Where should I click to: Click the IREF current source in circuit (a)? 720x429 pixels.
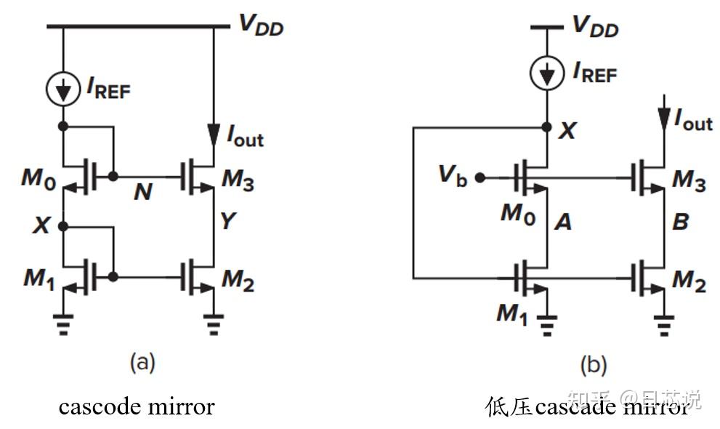pyautogui.click(x=64, y=89)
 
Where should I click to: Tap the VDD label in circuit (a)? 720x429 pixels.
pyautogui.click(x=261, y=26)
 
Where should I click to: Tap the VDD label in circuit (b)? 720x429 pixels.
pyautogui.click(x=595, y=26)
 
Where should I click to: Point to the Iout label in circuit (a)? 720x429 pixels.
pyautogui.click(x=246, y=135)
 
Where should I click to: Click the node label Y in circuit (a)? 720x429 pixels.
pyautogui.click(x=228, y=220)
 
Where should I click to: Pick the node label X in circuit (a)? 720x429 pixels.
pyautogui.click(x=41, y=225)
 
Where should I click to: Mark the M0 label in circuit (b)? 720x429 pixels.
pyautogui.click(x=517, y=214)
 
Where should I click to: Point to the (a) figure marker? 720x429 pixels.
pyautogui.click(x=142, y=361)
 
